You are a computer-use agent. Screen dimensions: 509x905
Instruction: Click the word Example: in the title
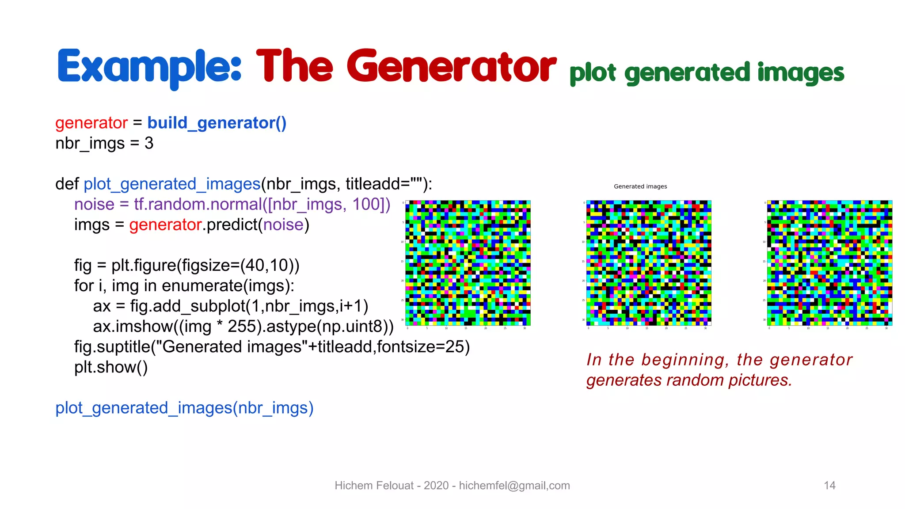(x=149, y=67)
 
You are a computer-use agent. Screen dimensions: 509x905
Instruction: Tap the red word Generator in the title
(x=451, y=67)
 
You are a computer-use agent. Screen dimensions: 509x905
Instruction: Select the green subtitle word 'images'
(x=800, y=73)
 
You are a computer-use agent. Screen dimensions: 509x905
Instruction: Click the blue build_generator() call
(x=217, y=123)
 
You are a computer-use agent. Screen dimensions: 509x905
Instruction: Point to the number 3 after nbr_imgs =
(x=149, y=143)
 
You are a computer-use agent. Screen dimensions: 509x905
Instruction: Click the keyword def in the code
(x=67, y=184)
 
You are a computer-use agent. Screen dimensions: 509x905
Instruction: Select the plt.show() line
(x=111, y=367)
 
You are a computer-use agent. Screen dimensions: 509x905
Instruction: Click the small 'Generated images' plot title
(x=640, y=186)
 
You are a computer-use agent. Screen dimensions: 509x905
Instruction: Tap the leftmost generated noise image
(x=468, y=263)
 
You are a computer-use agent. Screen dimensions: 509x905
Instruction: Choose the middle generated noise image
(x=649, y=263)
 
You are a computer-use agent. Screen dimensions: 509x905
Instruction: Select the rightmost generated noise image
(x=829, y=263)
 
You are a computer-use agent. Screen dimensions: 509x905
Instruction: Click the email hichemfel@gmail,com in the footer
(x=514, y=486)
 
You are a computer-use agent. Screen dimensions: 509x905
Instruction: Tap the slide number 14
(x=829, y=486)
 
